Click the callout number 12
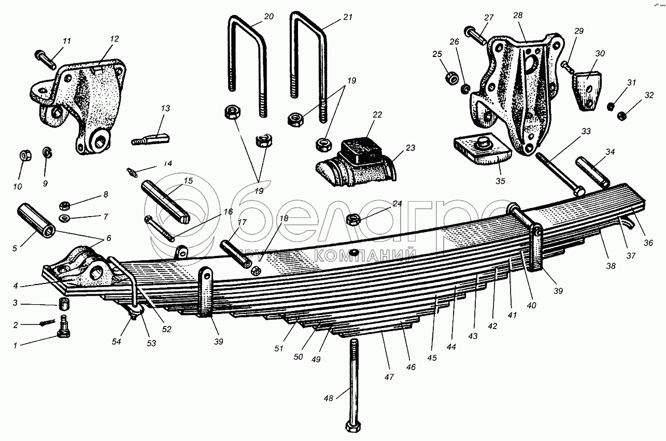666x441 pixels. [115, 39]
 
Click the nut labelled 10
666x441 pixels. [24, 155]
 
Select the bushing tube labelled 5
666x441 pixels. [35, 220]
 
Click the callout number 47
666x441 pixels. [389, 377]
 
